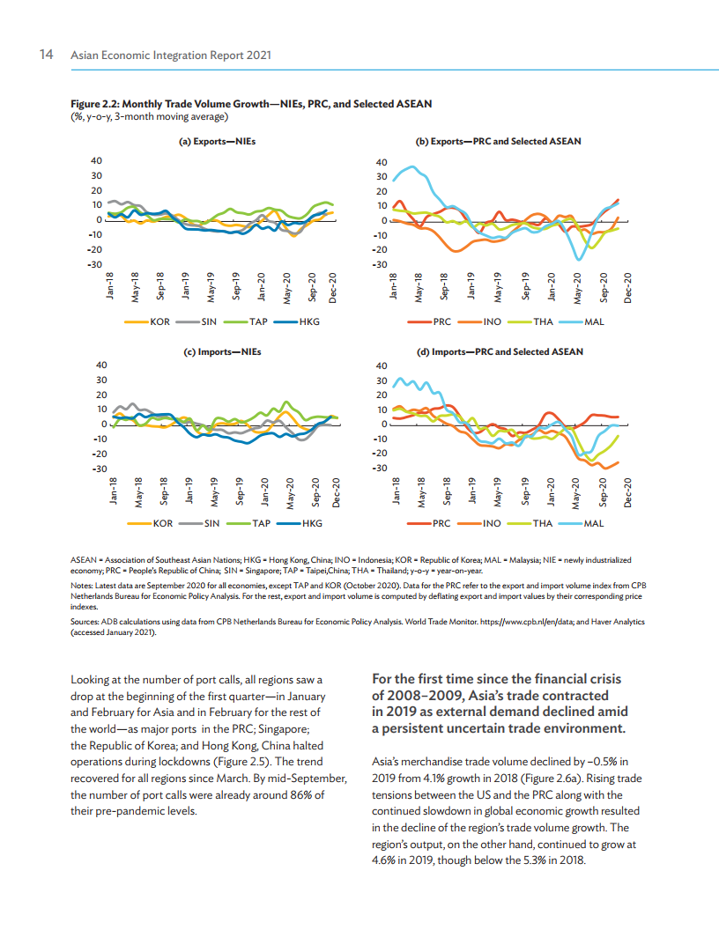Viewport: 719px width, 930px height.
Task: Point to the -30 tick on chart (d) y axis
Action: pos(380,468)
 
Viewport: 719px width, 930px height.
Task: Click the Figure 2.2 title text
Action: pos(250,104)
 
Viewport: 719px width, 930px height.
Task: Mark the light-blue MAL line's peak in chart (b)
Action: pos(411,167)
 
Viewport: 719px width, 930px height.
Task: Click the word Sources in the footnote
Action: pos(85,622)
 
